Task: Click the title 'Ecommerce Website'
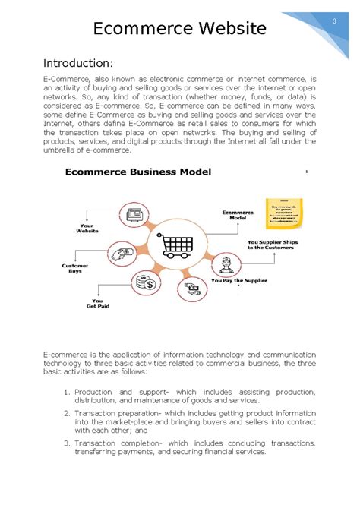click(x=180, y=29)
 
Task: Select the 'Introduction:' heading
click(x=78, y=62)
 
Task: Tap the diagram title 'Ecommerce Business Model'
click(x=138, y=172)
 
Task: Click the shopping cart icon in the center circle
click(x=175, y=245)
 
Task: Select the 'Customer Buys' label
click(x=75, y=268)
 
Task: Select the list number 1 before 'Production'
click(x=67, y=392)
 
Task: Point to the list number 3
click(x=67, y=443)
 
